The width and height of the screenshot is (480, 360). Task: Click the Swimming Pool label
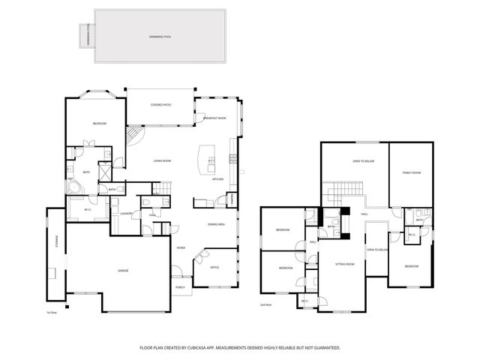tap(159, 37)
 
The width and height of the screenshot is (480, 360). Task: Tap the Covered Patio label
tap(160, 105)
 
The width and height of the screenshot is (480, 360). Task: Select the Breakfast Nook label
tap(215, 118)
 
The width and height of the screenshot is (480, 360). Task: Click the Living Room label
tap(163, 160)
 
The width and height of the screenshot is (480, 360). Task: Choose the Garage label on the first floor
tap(122, 270)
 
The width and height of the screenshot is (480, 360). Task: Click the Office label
tap(214, 267)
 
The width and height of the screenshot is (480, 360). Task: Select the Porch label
tap(180, 286)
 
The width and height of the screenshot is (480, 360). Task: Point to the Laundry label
tap(126, 214)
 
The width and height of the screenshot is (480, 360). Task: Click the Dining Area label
tap(217, 223)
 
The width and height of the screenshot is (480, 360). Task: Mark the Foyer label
tap(181, 247)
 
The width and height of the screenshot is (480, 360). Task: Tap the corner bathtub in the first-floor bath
tap(74, 187)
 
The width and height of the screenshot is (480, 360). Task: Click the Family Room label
tap(411, 172)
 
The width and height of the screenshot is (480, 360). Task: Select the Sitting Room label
tap(344, 264)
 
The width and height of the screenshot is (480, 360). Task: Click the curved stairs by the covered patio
tap(133, 136)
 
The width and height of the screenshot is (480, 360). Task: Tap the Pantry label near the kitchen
tap(232, 199)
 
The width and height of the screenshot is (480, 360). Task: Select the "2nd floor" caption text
tap(265, 305)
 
